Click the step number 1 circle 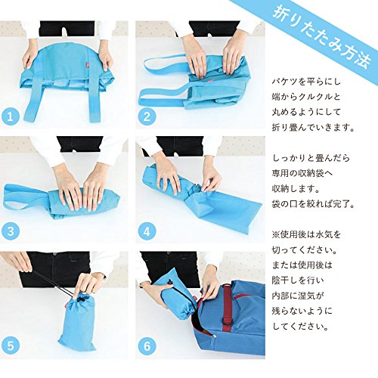click(11, 116)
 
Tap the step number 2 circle click(147, 116)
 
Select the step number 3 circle click(11, 231)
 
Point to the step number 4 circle click(147, 231)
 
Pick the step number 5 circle click(11, 345)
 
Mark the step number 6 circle click(147, 345)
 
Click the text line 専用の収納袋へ click(302, 173)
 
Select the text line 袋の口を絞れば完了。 click(313, 203)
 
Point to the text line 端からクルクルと click(306, 97)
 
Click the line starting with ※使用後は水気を click(306, 234)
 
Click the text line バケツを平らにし click(306, 82)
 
